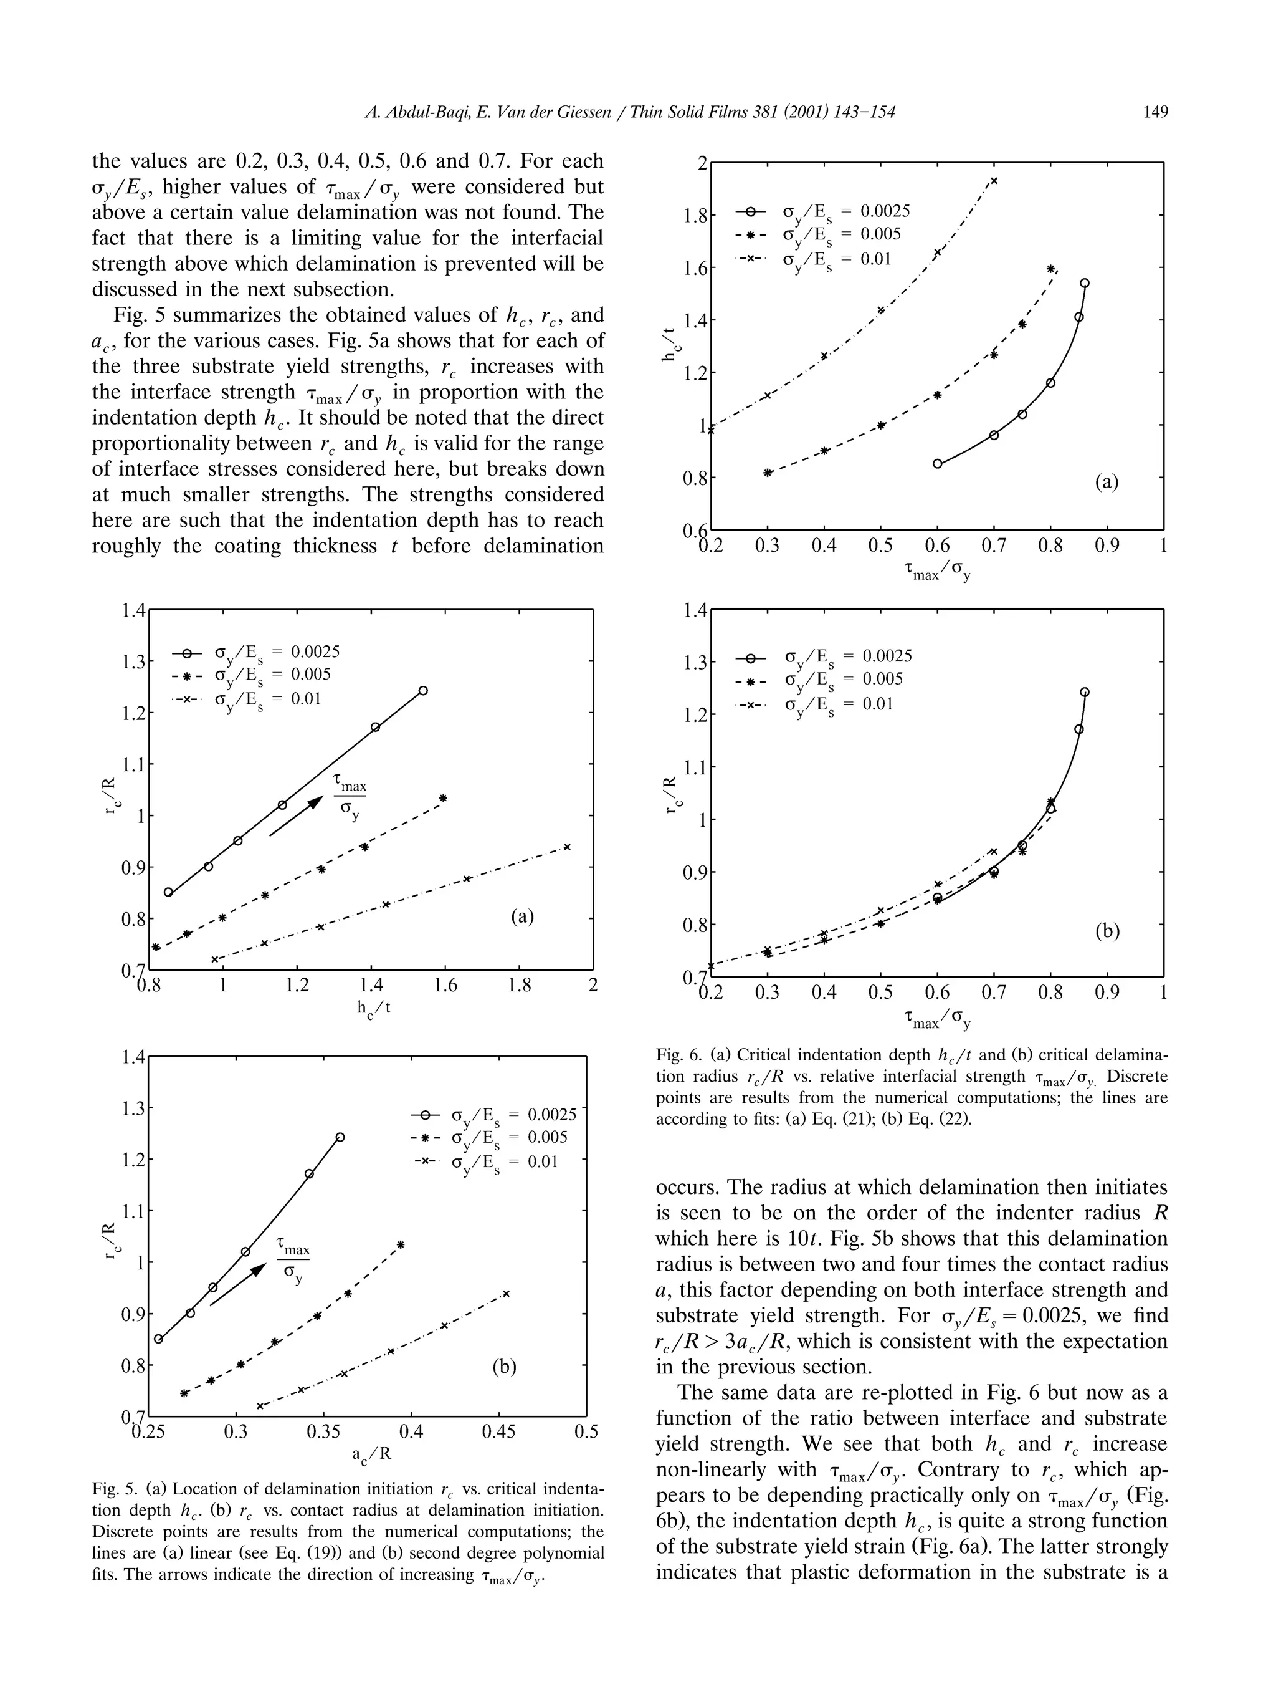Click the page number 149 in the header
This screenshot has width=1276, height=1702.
(1155, 112)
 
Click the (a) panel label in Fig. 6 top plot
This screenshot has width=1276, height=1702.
(1106, 483)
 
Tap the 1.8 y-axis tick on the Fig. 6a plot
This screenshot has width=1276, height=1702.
(695, 216)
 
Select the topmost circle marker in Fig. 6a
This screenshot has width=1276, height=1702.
(1085, 283)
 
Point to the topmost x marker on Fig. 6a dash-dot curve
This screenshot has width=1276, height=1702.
(994, 181)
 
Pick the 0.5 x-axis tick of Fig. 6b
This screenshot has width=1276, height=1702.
(880, 993)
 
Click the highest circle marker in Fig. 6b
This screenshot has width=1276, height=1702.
(1085, 692)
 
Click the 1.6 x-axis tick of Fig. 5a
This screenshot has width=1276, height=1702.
(445, 985)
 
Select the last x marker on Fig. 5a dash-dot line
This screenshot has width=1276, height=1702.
(568, 847)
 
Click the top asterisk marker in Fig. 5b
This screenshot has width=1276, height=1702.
(401, 1244)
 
